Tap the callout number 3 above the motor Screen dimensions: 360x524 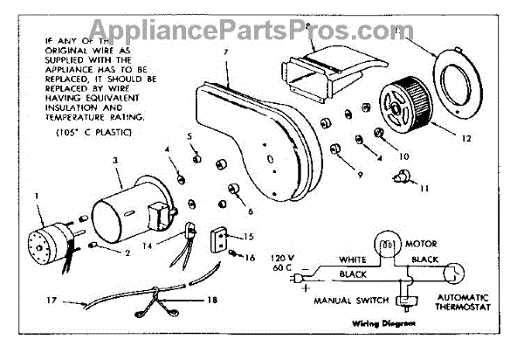(115, 162)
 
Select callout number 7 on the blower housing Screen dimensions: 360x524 (226, 52)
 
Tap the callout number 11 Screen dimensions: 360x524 (424, 188)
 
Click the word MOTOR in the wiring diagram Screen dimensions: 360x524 (423, 244)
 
